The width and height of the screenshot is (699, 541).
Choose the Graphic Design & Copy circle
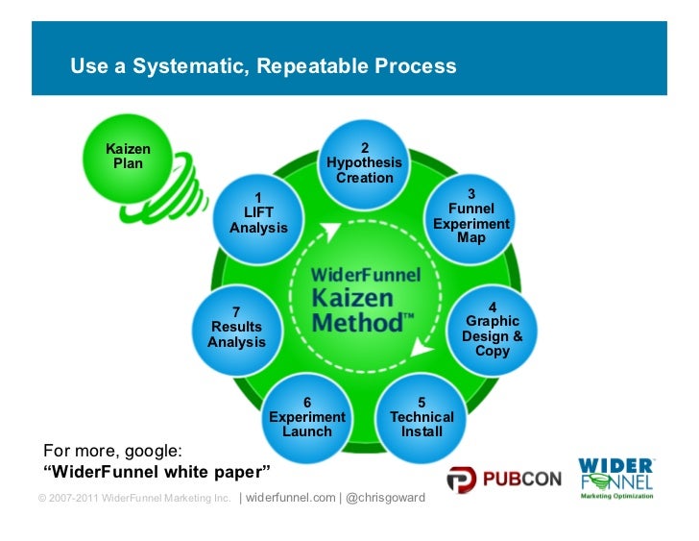[492, 329]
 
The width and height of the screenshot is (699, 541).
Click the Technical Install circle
[422, 416]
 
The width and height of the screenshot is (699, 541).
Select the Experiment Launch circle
[306, 416]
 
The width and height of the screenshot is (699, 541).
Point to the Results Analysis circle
[236, 327]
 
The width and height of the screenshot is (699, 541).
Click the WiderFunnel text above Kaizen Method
[366, 274]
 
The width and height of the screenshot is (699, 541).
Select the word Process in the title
[411, 67]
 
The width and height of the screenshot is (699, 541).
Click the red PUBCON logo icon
[462, 479]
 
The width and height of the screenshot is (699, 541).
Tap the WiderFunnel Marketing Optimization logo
[615, 478]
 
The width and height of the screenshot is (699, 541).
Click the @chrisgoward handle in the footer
[385, 498]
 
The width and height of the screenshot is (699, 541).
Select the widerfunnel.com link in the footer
[290, 498]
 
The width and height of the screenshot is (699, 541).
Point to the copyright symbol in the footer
[42, 499]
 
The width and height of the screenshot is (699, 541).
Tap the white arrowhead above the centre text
[332, 231]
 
